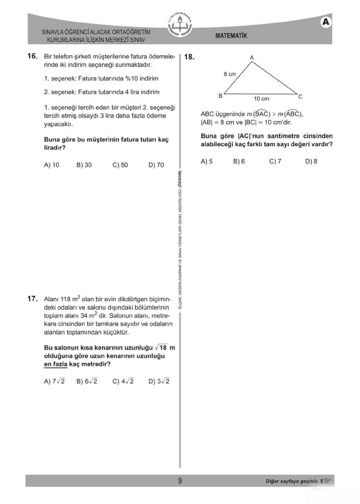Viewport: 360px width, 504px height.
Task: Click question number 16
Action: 32,56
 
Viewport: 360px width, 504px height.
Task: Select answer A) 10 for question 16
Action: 52,165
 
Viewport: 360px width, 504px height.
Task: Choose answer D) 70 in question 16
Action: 156,165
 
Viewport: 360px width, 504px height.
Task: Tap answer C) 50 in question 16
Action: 120,165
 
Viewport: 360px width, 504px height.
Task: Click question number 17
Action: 32,299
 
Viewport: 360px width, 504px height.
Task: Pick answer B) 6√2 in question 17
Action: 87,381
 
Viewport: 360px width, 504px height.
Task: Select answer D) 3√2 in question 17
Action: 159,381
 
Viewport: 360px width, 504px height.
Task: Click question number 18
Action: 189,57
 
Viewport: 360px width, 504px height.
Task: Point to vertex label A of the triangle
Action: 251,58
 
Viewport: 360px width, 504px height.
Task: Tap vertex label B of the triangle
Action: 220,95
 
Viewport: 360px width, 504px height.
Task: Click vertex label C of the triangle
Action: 300,96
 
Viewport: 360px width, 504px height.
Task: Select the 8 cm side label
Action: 230,73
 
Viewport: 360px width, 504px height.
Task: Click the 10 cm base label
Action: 261,99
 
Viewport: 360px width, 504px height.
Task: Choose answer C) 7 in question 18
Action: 275,161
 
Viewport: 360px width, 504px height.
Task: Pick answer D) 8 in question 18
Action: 311,161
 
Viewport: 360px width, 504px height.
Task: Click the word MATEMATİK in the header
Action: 231,36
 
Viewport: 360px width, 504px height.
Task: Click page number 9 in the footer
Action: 180,481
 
